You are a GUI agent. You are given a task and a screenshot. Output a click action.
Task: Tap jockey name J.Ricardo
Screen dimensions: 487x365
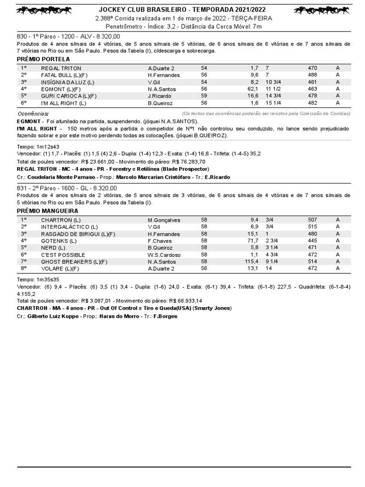[x=159, y=96]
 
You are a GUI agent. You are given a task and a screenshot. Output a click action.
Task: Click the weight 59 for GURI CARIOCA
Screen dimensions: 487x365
[x=204, y=96]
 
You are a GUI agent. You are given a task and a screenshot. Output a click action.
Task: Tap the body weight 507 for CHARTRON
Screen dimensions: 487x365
[x=312, y=220]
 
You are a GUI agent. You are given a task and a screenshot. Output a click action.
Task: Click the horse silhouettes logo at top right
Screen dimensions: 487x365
[x=323, y=10]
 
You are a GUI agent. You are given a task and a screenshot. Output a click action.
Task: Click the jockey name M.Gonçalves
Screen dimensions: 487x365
[x=164, y=220]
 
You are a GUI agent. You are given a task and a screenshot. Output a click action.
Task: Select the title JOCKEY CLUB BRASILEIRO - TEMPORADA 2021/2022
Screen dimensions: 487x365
[x=182, y=10]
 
